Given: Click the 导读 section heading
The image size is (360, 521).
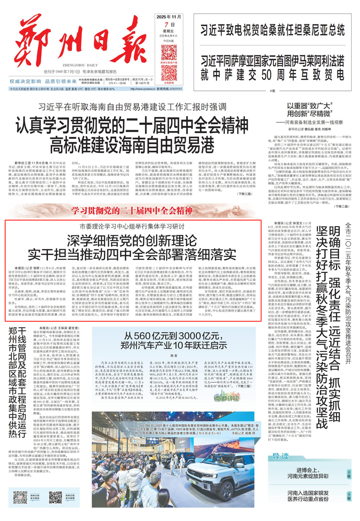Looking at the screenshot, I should [282, 457].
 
